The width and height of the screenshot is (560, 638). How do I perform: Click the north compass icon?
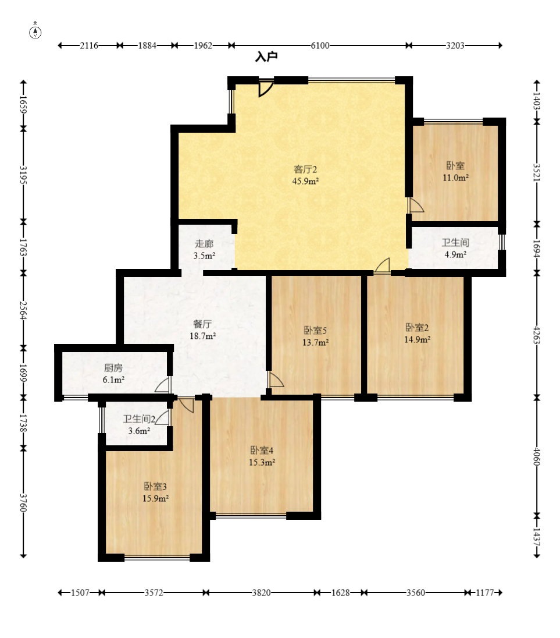coord(35,31)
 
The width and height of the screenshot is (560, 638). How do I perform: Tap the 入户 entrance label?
coord(266,56)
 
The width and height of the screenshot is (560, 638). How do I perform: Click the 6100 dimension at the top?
coord(320,45)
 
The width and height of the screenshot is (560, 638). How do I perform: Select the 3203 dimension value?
coord(455,45)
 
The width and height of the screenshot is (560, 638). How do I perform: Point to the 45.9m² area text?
coord(305,181)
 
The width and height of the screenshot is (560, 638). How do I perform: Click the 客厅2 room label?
coord(305,169)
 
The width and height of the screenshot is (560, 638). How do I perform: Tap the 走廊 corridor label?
coord(204,244)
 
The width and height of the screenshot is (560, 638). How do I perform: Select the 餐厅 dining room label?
coord(202,324)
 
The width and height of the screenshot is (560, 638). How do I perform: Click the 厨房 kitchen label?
coord(113,368)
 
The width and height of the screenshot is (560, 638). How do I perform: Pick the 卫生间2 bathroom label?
coord(139,419)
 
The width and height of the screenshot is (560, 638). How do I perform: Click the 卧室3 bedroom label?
coord(155,486)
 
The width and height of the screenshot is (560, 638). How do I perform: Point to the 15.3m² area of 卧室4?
coord(262,462)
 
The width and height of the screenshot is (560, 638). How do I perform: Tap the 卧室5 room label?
coord(315,331)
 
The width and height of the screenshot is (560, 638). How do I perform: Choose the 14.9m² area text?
coord(417,339)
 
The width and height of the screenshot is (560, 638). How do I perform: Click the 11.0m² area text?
coord(455,178)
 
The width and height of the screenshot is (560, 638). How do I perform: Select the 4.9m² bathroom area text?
coord(455,255)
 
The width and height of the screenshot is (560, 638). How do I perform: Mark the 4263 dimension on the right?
coord(537,335)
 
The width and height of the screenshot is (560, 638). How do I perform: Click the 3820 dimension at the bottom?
coord(261,593)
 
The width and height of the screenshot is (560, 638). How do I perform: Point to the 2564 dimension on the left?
coord(24,310)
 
